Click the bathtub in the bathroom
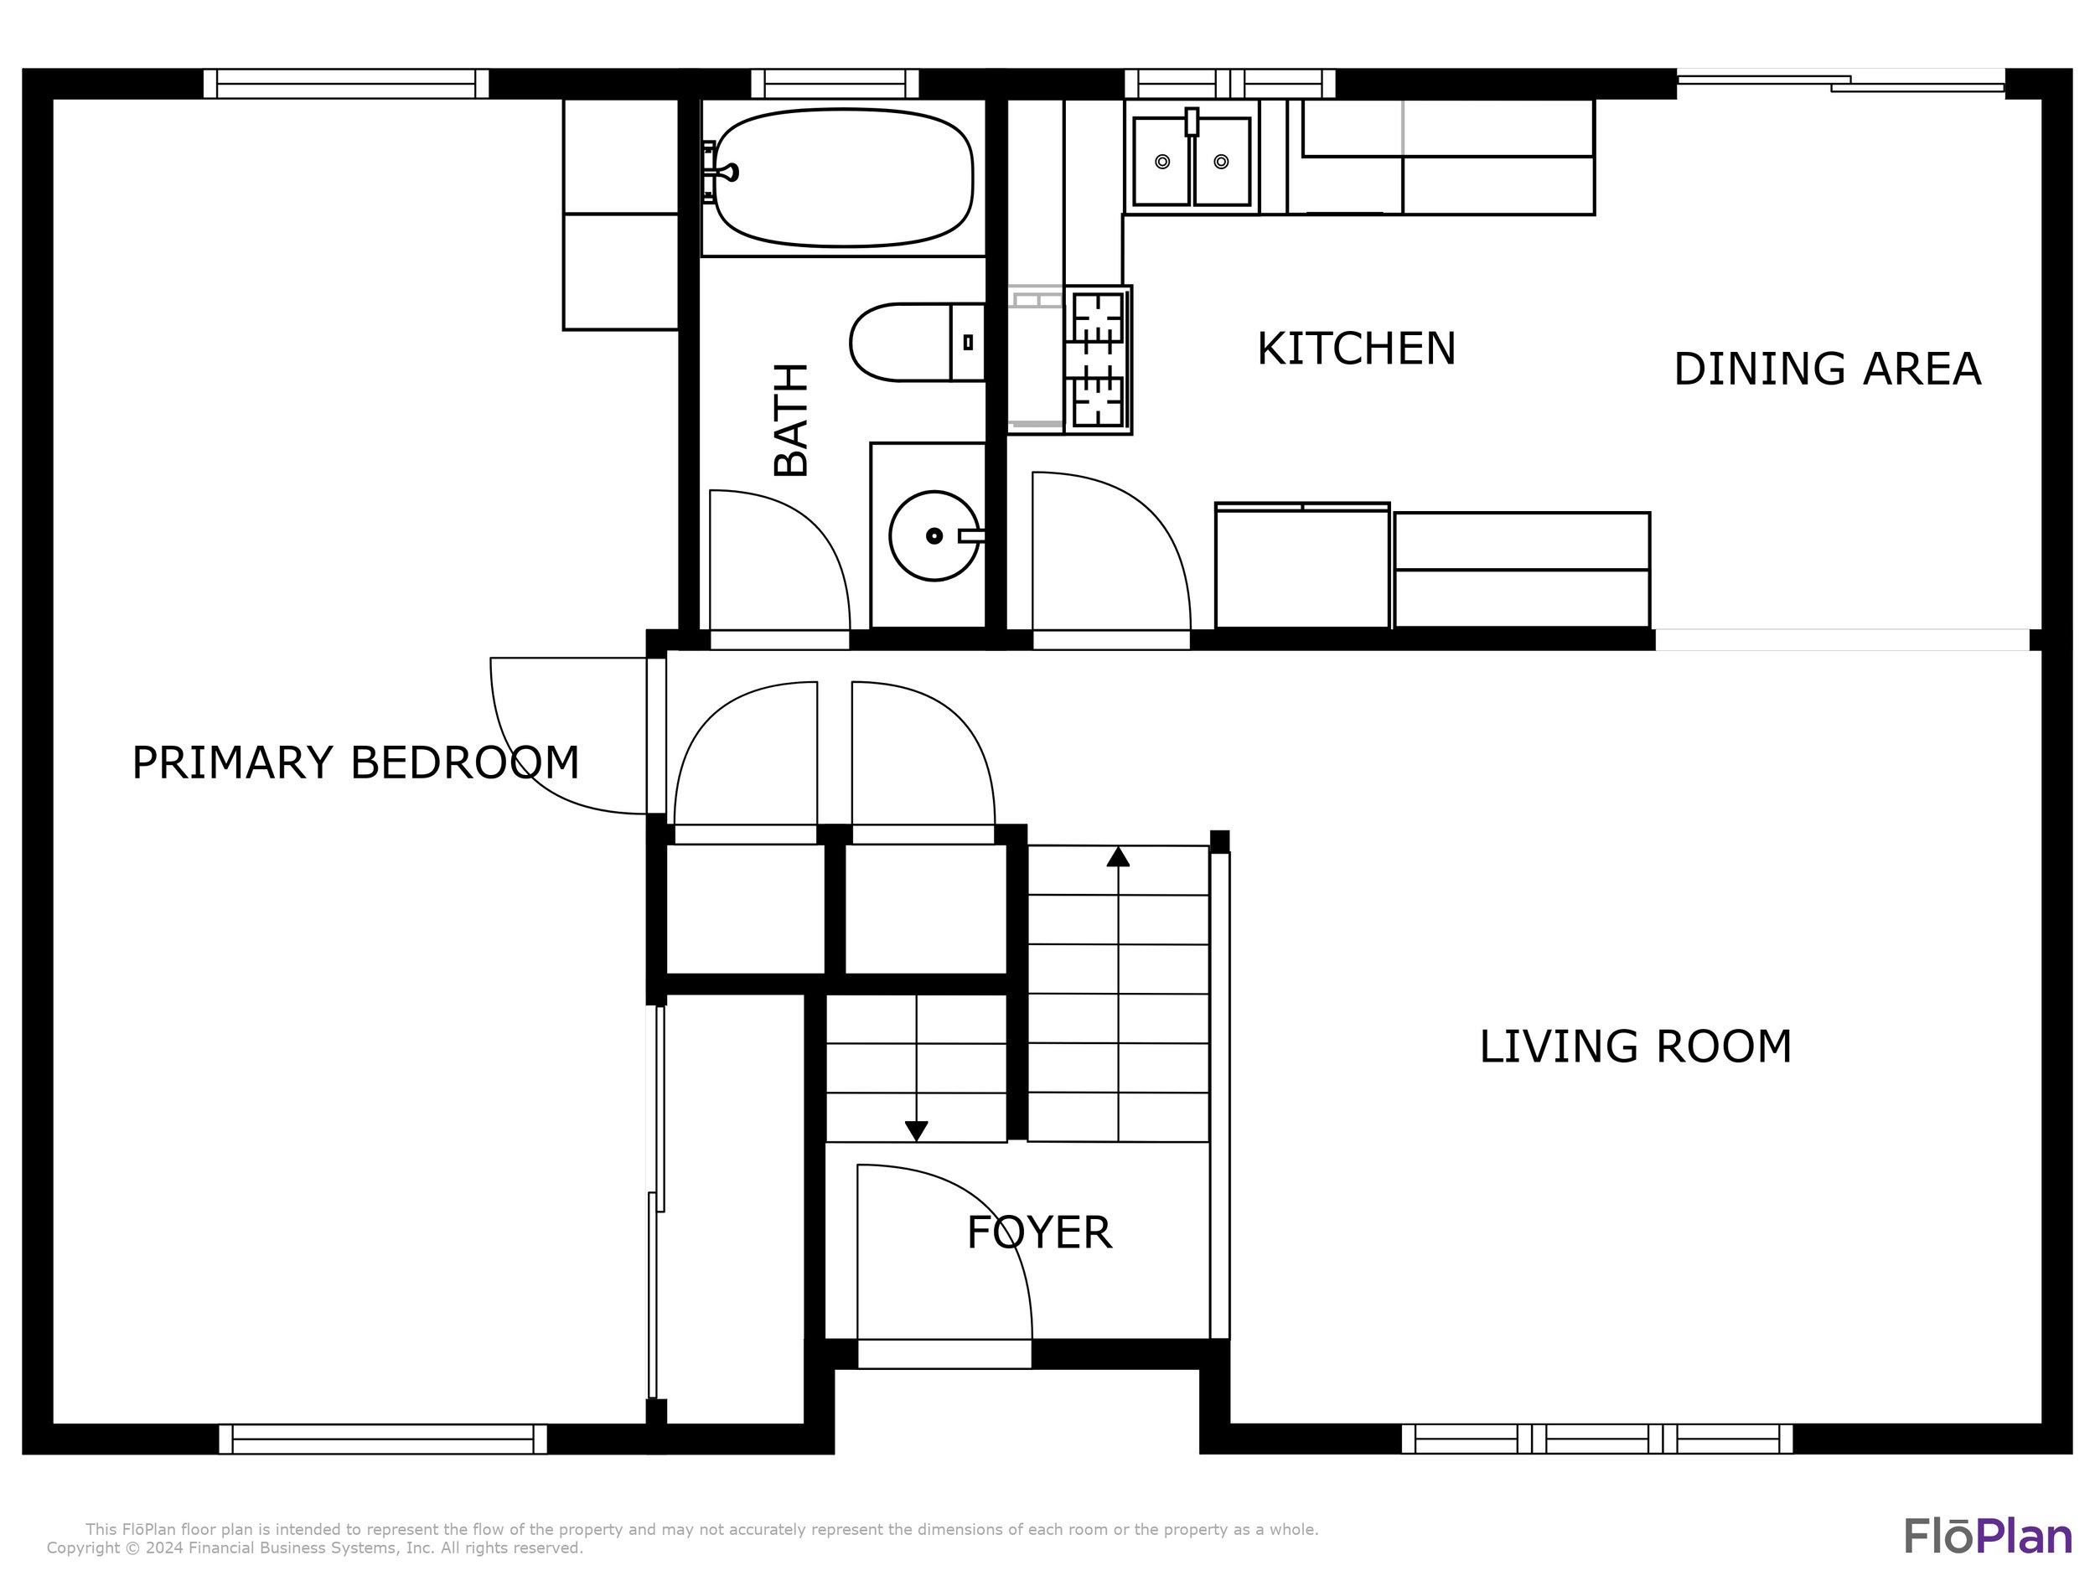point(843,177)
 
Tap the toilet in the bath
point(917,342)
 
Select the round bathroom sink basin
point(934,536)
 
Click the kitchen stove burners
point(1098,359)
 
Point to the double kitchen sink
point(1192,160)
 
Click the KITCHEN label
point(1356,349)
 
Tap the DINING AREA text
point(1827,369)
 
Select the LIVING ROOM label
point(1636,1047)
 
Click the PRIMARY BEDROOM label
point(355,763)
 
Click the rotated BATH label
point(792,420)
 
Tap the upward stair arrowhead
point(1119,857)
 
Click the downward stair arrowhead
point(916,1130)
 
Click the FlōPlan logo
point(1988,1535)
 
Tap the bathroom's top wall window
point(835,83)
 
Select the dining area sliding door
point(1840,83)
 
